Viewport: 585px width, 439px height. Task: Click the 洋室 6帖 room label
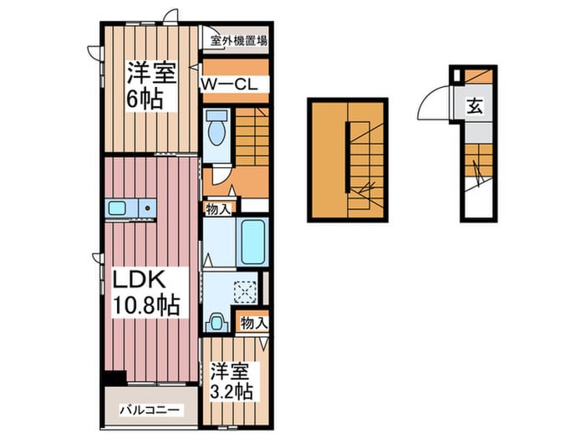pyautogui.click(x=150, y=84)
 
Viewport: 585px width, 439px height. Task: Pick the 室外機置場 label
pyautogui.click(x=238, y=39)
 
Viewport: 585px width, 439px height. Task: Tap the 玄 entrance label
pyautogui.click(x=474, y=106)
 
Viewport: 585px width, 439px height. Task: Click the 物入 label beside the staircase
pyautogui.click(x=221, y=208)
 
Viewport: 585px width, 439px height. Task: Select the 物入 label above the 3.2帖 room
pyautogui.click(x=253, y=322)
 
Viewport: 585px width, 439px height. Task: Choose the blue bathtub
pyautogui.click(x=251, y=241)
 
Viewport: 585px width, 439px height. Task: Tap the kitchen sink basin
pyautogui.click(x=116, y=207)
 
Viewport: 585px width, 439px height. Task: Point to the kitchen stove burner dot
pyautogui.click(x=147, y=207)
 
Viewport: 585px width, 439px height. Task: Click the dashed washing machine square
pyautogui.click(x=247, y=292)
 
